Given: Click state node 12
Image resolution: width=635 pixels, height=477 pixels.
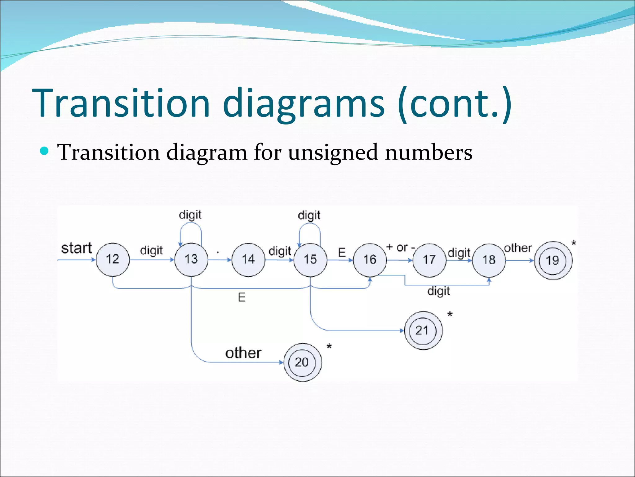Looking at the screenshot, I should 113,259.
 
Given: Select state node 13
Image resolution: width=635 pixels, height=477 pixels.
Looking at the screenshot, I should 191,259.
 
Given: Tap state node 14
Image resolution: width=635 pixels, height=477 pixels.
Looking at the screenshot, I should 248,260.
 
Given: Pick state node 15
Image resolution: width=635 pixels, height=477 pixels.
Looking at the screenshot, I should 310,260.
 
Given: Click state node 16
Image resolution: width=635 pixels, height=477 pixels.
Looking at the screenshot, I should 370,260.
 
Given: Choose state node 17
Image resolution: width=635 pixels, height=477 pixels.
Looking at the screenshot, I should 429,260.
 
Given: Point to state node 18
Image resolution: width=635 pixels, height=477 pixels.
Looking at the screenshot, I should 489,260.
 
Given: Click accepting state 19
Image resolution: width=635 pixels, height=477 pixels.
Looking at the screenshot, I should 553,261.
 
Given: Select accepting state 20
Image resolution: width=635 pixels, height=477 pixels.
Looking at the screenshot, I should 302,362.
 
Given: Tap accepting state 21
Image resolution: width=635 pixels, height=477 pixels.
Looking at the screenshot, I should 423,330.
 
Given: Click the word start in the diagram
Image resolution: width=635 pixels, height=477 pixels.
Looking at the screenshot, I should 77,248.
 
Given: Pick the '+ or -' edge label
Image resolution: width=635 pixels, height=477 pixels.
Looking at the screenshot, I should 401,248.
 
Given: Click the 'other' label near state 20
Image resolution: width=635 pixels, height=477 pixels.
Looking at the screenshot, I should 243,353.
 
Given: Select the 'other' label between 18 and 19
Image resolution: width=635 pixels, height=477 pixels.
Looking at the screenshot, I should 518,248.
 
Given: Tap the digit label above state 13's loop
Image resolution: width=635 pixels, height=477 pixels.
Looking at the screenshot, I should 190,215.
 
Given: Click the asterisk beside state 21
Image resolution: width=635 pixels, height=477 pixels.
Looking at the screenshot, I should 450,315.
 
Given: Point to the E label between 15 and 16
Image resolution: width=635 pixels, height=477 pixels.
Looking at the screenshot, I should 342,252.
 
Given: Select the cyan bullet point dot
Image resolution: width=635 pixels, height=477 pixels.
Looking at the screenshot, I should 45,151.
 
